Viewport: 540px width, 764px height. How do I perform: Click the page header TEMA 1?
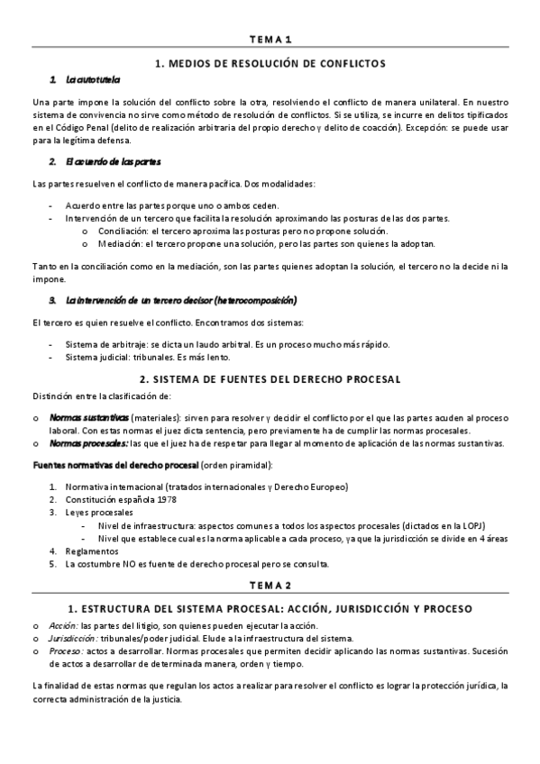270,40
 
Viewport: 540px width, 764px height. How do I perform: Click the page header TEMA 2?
270,584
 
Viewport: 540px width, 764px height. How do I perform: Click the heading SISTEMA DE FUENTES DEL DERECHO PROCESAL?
270,379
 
